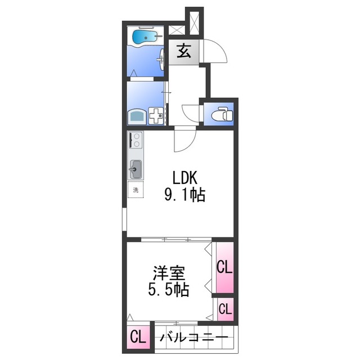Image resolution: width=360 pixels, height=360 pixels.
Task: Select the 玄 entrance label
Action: pos(183,52)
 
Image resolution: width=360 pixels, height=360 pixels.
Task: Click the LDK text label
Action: pos(184,177)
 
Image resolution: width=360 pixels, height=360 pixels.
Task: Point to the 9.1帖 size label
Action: pos(184,195)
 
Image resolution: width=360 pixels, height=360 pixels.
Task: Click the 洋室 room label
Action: pos(169,274)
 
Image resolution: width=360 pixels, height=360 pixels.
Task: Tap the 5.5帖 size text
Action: pos(169,291)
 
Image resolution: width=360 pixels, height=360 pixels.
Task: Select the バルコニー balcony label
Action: pos(193,339)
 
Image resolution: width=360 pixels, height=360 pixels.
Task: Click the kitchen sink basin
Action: pos(136,168)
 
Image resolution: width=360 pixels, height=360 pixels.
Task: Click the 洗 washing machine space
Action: pos(135,190)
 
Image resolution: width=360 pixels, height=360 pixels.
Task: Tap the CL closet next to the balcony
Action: pos(138,338)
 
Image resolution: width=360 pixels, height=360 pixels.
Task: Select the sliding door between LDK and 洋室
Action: pos(169,240)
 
